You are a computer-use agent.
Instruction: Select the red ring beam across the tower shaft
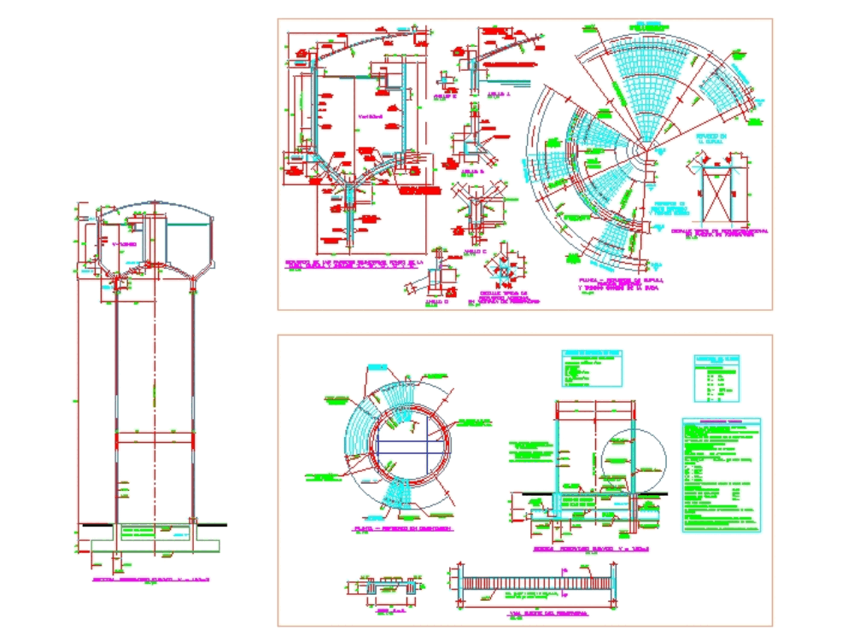pos(154,436)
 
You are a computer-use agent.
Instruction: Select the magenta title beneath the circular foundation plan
pos(402,529)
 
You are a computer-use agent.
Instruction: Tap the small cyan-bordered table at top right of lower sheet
pos(715,375)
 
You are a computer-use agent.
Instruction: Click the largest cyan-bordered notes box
pos(721,475)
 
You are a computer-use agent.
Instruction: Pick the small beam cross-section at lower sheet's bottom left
pos(383,588)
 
